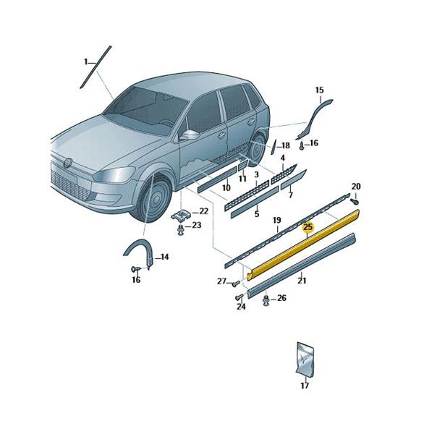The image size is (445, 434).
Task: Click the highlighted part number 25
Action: pyautogui.click(x=308, y=227)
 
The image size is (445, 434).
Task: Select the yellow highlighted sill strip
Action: pyautogui.click(x=303, y=244)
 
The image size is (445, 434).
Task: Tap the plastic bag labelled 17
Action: pyautogui.click(x=305, y=359)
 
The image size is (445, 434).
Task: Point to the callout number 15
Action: pyautogui.click(x=320, y=90)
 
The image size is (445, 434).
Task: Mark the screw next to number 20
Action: pyautogui.click(x=354, y=201)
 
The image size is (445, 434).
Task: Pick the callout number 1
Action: pyautogui.click(x=86, y=61)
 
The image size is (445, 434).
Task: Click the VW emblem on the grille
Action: pyautogui.click(x=68, y=163)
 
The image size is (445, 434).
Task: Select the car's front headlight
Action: pyautogui.click(x=114, y=174)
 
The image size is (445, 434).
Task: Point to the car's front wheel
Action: pyautogui.click(x=154, y=199)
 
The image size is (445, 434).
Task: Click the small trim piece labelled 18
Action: pyautogui.click(x=273, y=148)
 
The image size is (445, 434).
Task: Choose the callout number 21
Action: pyautogui.click(x=302, y=280)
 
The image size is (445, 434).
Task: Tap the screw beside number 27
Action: pyautogui.click(x=236, y=283)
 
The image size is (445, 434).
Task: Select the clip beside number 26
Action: pyautogui.click(x=266, y=301)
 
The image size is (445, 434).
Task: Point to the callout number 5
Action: pyautogui.click(x=257, y=213)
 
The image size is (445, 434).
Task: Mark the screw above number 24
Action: pyautogui.click(x=240, y=297)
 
